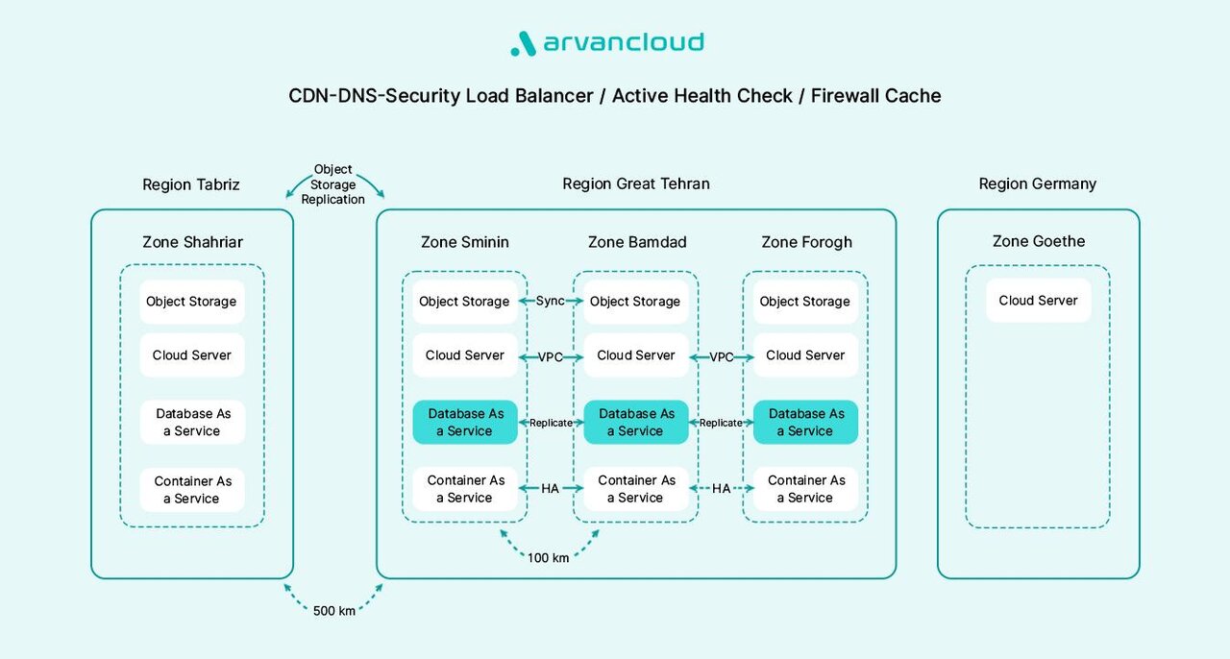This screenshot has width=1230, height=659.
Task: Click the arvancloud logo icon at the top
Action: tap(523, 43)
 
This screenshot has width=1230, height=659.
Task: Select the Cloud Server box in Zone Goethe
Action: tap(1038, 301)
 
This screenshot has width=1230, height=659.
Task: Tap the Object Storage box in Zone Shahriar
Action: tap(191, 302)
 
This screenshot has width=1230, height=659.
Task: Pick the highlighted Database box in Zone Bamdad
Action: tap(635, 423)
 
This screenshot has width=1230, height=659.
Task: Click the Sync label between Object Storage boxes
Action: tap(551, 301)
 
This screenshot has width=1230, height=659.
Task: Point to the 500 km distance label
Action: tap(334, 610)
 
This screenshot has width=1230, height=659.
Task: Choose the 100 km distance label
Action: tap(549, 557)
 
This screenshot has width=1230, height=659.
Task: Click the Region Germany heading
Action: tap(1037, 183)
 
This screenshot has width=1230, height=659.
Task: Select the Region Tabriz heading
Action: tap(191, 184)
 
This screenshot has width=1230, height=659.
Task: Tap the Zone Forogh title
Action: tap(806, 242)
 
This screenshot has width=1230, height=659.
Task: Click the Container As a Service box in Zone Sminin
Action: tap(465, 489)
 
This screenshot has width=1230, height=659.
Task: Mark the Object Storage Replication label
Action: tap(333, 184)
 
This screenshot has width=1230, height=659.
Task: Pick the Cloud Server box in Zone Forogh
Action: tap(805, 355)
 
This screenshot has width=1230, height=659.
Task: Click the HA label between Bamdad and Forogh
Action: tap(722, 488)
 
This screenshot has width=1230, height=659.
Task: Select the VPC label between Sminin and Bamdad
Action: tap(551, 357)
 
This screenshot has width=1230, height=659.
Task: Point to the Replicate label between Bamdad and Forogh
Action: tap(721, 423)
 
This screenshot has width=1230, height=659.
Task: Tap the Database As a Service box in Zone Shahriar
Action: tap(191, 423)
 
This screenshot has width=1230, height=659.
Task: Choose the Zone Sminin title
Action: tap(465, 242)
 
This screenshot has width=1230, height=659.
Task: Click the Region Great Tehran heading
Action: tap(636, 183)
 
